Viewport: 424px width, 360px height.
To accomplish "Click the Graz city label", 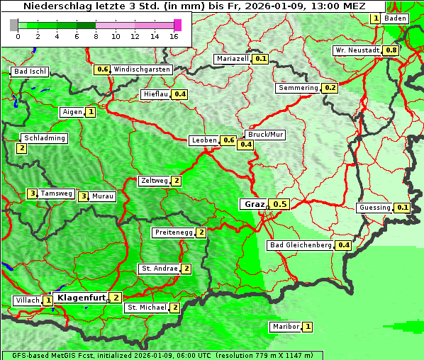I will pos(253,204).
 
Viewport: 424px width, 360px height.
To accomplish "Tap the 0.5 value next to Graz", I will pos(280,204).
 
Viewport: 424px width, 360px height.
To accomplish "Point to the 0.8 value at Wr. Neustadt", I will pos(391,50).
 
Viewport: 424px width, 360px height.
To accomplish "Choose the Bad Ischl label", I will pos(30,72).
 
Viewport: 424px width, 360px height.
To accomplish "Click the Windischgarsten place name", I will pos(141,69).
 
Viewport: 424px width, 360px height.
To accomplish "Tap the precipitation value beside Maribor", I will pos(307,327).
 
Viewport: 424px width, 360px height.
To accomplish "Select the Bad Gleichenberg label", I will pos(301,245).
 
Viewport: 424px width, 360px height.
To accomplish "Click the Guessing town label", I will pos(375,208).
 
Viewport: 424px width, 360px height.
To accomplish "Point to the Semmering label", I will pos(298,88).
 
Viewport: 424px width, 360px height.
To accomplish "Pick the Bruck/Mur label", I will pos(264,134).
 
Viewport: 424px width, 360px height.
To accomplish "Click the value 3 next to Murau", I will pos(84,196).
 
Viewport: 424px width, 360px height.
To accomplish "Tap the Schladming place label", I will pos(44,138).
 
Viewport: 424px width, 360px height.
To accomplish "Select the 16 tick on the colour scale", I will pos(174,36).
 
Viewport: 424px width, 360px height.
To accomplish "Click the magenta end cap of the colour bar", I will pos(177,25).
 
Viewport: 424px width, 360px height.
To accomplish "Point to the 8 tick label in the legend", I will pos(96,36).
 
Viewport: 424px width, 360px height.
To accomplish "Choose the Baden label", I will pos(396,18).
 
